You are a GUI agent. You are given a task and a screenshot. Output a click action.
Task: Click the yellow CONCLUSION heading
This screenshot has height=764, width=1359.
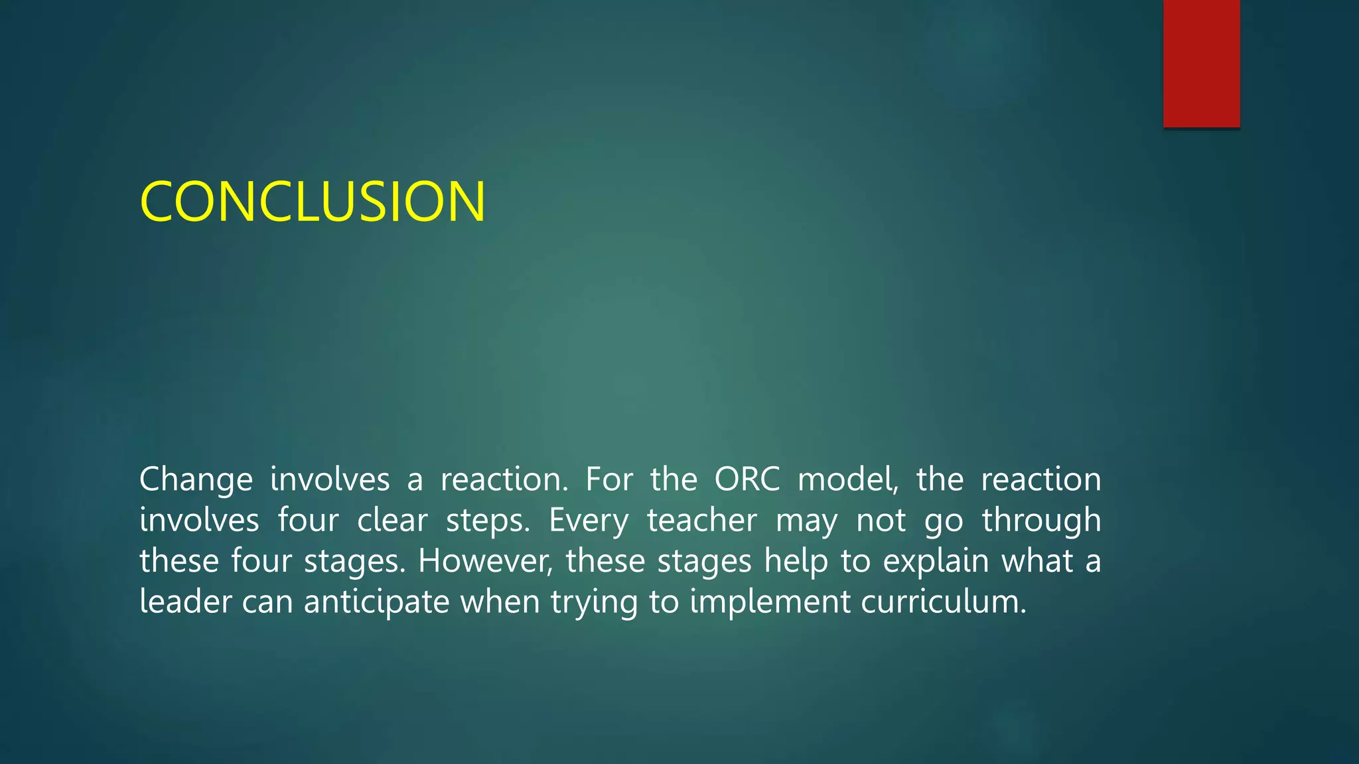pyautogui.click(x=313, y=202)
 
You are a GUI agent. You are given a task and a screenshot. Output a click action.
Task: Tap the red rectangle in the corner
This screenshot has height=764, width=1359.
pyautogui.click(x=1201, y=63)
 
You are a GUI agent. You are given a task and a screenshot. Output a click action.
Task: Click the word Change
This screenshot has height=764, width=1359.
pyautogui.click(x=196, y=479)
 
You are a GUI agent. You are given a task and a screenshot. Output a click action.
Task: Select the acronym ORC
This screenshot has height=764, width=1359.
pyautogui.click(x=747, y=479)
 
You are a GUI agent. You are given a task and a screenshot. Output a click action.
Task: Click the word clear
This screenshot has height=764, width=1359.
pyautogui.click(x=392, y=520)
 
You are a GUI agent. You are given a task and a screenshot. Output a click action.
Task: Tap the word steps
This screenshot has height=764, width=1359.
pyautogui.click(x=488, y=521)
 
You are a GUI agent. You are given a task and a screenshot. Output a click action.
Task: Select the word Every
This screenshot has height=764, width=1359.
pyautogui.click(x=589, y=521)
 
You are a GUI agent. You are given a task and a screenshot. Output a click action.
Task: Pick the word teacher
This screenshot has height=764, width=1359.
pyautogui.click(x=701, y=520)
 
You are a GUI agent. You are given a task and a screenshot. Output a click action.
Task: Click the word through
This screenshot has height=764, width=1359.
pyautogui.click(x=1041, y=521)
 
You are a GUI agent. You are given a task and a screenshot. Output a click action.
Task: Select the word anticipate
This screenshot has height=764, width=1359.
pyautogui.click(x=376, y=602)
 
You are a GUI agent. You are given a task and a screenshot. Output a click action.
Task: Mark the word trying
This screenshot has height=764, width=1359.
pyautogui.click(x=593, y=603)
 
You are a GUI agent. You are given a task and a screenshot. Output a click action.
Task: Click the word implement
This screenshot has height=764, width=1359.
pyautogui.click(x=770, y=602)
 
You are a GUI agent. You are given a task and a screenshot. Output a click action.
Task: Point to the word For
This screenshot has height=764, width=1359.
pyautogui.click(x=608, y=479)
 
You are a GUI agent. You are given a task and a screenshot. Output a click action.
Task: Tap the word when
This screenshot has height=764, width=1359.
pyautogui.click(x=500, y=602)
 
